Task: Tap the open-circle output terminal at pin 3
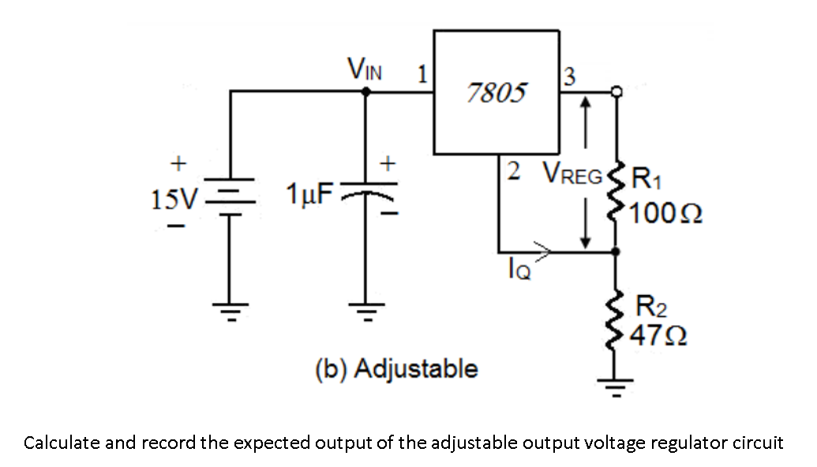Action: pyautogui.click(x=617, y=92)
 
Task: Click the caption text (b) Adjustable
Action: pyautogui.click(x=396, y=368)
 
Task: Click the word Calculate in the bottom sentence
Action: pyautogui.click(x=62, y=443)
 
